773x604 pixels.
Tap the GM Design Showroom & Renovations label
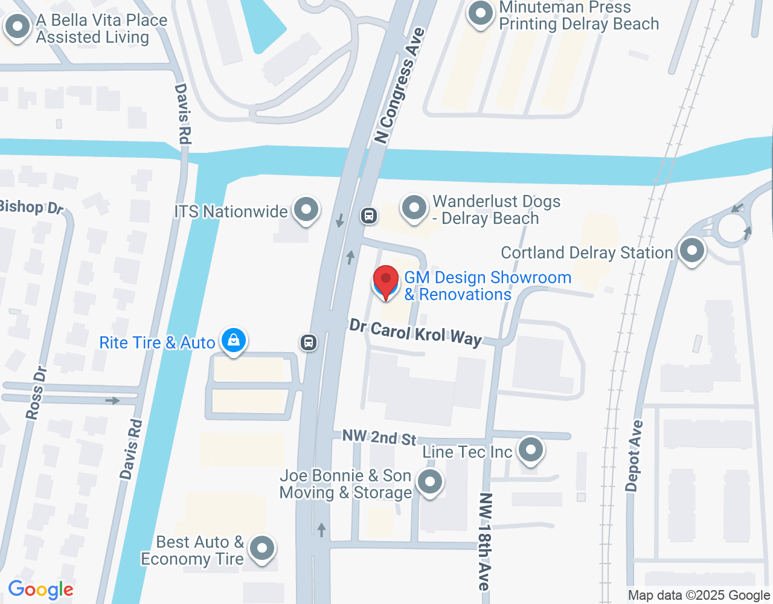[x=487, y=286]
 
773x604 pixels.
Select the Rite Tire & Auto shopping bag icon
[x=233, y=341]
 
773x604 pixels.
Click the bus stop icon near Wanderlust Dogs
[x=369, y=215]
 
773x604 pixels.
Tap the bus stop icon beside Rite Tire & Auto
[x=309, y=342]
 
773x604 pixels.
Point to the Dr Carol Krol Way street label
[x=415, y=333]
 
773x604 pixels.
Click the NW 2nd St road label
[x=379, y=437]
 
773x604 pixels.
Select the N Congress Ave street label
[x=399, y=86]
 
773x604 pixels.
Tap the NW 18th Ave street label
[x=485, y=541]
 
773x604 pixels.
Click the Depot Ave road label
[x=634, y=456]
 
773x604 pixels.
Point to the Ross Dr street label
[x=36, y=393]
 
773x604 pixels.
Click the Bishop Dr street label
[x=30, y=207]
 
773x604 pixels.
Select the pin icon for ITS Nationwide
[x=306, y=210]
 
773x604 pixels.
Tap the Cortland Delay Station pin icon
[x=692, y=250]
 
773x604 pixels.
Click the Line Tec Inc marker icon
[x=531, y=449]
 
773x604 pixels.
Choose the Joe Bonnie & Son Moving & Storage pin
[x=430, y=482]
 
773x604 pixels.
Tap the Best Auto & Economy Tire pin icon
[x=262, y=548]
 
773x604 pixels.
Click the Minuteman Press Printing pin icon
[x=481, y=13]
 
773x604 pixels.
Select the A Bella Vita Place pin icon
[x=18, y=27]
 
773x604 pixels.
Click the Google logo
[x=41, y=590]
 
